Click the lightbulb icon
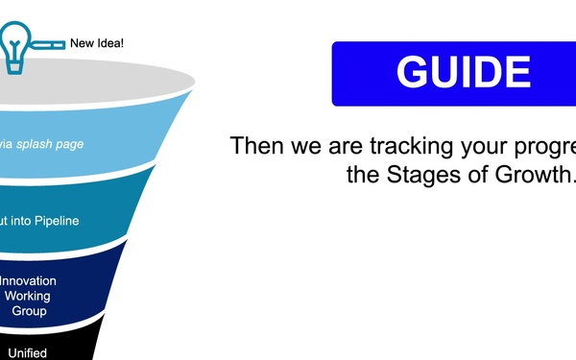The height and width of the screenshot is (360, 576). click(x=16, y=44)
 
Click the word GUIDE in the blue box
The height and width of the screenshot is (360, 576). click(x=463, y=74)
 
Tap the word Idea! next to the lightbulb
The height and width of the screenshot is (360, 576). click(x=110, y=43)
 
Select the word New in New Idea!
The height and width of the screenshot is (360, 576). click(x=84, y=43)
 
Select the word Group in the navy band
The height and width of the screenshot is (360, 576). click(x=28, y=311)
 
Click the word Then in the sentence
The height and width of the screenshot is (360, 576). click(x=255, y=147)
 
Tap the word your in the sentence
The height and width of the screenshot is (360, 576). click(x=490, y=147)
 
